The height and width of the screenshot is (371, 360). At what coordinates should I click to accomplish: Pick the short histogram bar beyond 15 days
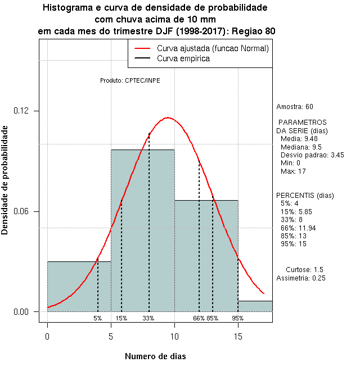255,306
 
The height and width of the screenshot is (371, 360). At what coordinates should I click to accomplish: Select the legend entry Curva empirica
183,58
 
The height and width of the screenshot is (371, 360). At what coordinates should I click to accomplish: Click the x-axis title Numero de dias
155,356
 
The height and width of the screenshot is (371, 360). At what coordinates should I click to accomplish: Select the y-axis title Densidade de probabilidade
5,180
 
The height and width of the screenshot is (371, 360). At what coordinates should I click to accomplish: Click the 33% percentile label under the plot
148,318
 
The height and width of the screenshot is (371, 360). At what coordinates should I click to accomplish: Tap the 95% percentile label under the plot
237,318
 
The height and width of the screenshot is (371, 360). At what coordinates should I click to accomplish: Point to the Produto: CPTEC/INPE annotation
130,80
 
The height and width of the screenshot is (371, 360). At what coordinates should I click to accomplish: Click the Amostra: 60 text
295,107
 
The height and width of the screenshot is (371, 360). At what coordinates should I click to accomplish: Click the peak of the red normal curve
167,117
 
